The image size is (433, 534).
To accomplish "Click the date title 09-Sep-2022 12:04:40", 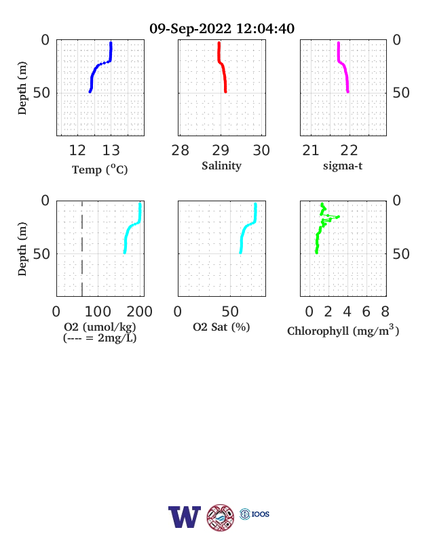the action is pyautogui.click(x=222, y=28).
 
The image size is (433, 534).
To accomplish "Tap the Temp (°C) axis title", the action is pyautogui.click(x=100, y=169).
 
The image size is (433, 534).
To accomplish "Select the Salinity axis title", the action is pyautogui.click(x=222, y=166).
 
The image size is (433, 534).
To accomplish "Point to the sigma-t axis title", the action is pyautogui.click(x=343, y=166).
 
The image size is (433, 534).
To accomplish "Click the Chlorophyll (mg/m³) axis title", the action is pyautogui.click(x=343, y=330).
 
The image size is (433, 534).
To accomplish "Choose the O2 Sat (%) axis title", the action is pyautogui.click(x=222, y=327).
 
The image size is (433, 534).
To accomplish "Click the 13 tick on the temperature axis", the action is pyautogui.click(x=111, y=150).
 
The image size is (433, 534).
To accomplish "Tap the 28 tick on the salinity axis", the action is pyautogui.click(x=180, y=150).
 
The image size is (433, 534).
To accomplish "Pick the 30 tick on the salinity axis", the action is pyautogui.click(x=261, y=150).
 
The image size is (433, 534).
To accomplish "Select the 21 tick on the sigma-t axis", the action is pyautogui.click(x=311, y=150).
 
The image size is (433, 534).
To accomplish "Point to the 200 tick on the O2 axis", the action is pyautogui.click(x=139, y=312).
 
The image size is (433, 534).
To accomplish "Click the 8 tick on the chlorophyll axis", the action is pyautogui.click(x=385, y=312).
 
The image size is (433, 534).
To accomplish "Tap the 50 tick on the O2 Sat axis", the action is pyautogui.click(x=230, y=312).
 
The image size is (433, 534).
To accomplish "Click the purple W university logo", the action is pyautogui.click(x=185, y=517).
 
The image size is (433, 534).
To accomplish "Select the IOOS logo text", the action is pyautogui.click(x=261, y=514).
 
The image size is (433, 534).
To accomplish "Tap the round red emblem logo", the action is pyautogui.click(x=221, y=518).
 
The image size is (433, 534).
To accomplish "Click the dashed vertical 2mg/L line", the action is pyautogui.click(x=82, y=249).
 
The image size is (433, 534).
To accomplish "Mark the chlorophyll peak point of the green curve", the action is pyautogui.click(x=338, y=217).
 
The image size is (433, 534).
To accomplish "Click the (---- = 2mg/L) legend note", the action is pyautogui.click(x=100, y=338).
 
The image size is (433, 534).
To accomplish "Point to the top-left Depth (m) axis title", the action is pyautogui.click(x=22, y=88).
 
